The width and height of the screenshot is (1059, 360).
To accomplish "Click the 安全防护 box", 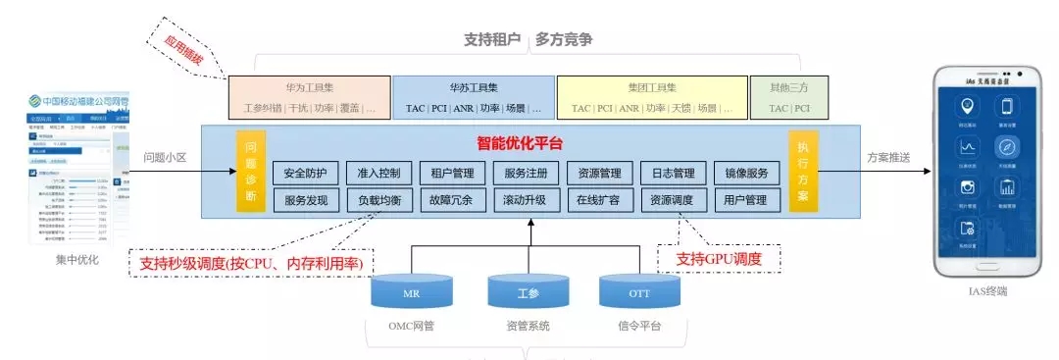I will (x=305, y=174).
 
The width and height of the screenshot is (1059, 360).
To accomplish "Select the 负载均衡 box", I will (x=378, y=200).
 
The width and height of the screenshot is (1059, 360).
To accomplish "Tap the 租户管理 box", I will (x=452, y=174).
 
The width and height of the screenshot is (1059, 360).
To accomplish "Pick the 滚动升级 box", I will (x=525, y=200).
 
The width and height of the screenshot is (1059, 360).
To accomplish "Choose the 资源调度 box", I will (x=672, y=200).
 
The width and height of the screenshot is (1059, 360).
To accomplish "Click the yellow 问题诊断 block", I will (x=251, y=173).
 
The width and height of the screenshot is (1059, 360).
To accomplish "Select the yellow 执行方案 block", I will (x=802, y=173).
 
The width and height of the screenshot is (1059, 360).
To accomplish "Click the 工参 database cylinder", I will (x=529, y=291).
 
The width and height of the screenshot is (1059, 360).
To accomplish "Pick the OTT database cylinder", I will (x=638, y=291).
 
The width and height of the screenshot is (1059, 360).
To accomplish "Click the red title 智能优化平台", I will (x=520, y=142).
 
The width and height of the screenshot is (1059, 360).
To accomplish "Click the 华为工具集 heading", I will (x=310, y=86).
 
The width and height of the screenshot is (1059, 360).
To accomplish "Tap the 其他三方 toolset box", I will (x=789, y=97).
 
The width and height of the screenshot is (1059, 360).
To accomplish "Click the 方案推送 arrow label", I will (x=888, y=157).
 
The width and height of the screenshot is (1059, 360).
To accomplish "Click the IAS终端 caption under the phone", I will (x=986, y=291).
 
